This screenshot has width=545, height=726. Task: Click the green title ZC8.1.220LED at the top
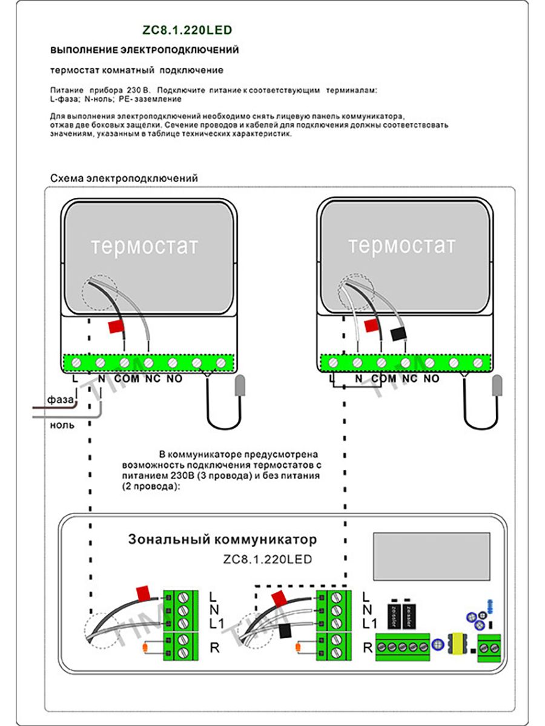point(187,30)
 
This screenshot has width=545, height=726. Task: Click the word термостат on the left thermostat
point(145,246)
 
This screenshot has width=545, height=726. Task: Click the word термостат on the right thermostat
point(401,246)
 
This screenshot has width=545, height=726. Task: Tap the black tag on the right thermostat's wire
point(399,334)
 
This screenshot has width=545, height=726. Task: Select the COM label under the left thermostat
point(127,379)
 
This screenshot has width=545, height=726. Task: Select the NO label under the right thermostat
point(432,378)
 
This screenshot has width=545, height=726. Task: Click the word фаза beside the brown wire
point(60,399)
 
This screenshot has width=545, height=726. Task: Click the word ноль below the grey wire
point(62,425)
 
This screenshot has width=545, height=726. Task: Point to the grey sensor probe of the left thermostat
point(240,385)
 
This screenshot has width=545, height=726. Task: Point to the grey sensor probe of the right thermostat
point(497,385)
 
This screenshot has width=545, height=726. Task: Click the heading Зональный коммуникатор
point(222,540)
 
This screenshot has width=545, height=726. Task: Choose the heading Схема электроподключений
point(124,178)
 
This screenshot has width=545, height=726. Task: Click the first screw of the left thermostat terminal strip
point(76,363)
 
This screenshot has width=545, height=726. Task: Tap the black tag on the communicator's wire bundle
point(285,631)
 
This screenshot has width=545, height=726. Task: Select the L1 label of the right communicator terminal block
point(369,624)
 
